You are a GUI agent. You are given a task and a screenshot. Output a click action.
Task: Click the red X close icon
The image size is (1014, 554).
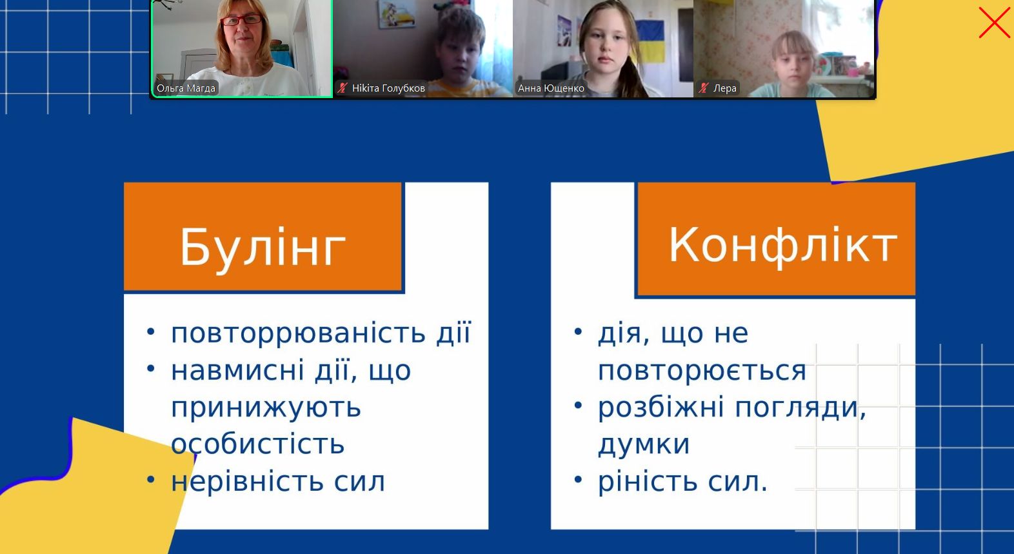[x=994, y=23]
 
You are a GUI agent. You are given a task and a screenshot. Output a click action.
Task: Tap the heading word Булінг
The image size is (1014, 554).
[x=263, y=248]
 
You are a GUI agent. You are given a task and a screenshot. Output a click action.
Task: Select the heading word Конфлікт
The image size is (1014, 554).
[x=782, y=246]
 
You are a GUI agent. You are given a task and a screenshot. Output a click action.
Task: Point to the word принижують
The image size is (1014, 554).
[x=266, y=408]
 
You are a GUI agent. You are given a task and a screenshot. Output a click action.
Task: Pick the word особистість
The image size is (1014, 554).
[x=257, y=444]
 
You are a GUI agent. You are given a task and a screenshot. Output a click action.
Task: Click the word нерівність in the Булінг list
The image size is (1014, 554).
[x=247, y=481]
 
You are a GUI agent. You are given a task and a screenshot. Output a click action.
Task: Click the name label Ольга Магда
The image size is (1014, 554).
[x=186, y=88]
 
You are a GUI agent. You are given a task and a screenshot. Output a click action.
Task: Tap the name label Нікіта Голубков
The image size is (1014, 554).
[x=388, y=88]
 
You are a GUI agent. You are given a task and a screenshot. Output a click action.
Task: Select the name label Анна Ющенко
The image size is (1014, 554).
[x=551, y=88]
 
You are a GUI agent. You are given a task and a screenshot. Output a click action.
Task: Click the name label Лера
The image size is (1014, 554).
[x=725, y=88]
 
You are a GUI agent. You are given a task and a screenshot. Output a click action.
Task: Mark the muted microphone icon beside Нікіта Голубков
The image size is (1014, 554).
[x=343, y=88]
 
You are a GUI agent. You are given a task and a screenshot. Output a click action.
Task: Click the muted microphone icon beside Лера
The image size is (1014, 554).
[x=704, y=88]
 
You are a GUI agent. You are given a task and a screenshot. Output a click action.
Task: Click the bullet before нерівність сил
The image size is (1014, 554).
[x=151, y=479]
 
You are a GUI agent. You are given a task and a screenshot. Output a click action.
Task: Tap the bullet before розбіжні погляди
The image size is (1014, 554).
[x=578, y=405]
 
